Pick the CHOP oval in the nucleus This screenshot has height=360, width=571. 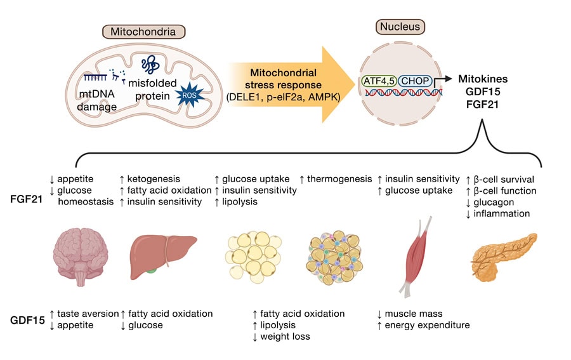(x=416, y=81)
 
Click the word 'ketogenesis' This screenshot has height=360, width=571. (x=155, y=179)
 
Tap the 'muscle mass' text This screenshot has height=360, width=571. (x=418, y=313)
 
